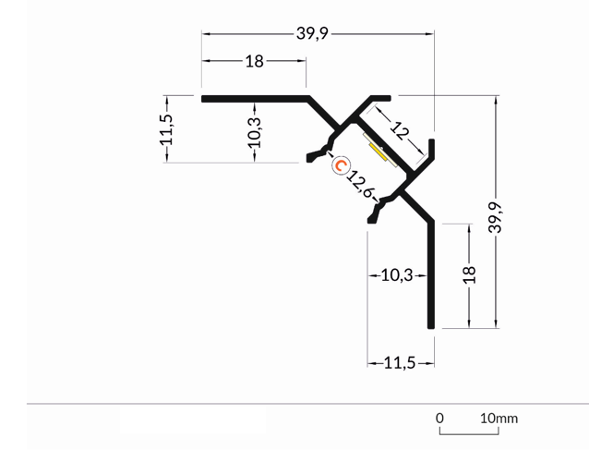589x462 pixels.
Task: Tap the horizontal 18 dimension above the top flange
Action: [255, 62]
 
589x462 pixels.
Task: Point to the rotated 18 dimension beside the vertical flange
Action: [469, 274]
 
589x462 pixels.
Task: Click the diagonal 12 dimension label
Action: [399, 130]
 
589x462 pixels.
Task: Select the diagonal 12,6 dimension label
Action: [361, 182]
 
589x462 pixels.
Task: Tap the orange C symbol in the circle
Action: [341, 166]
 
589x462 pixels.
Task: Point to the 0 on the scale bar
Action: [440, 419]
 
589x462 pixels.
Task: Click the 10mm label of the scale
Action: [499, 419]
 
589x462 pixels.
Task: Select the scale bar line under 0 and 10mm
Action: [470, 432]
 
